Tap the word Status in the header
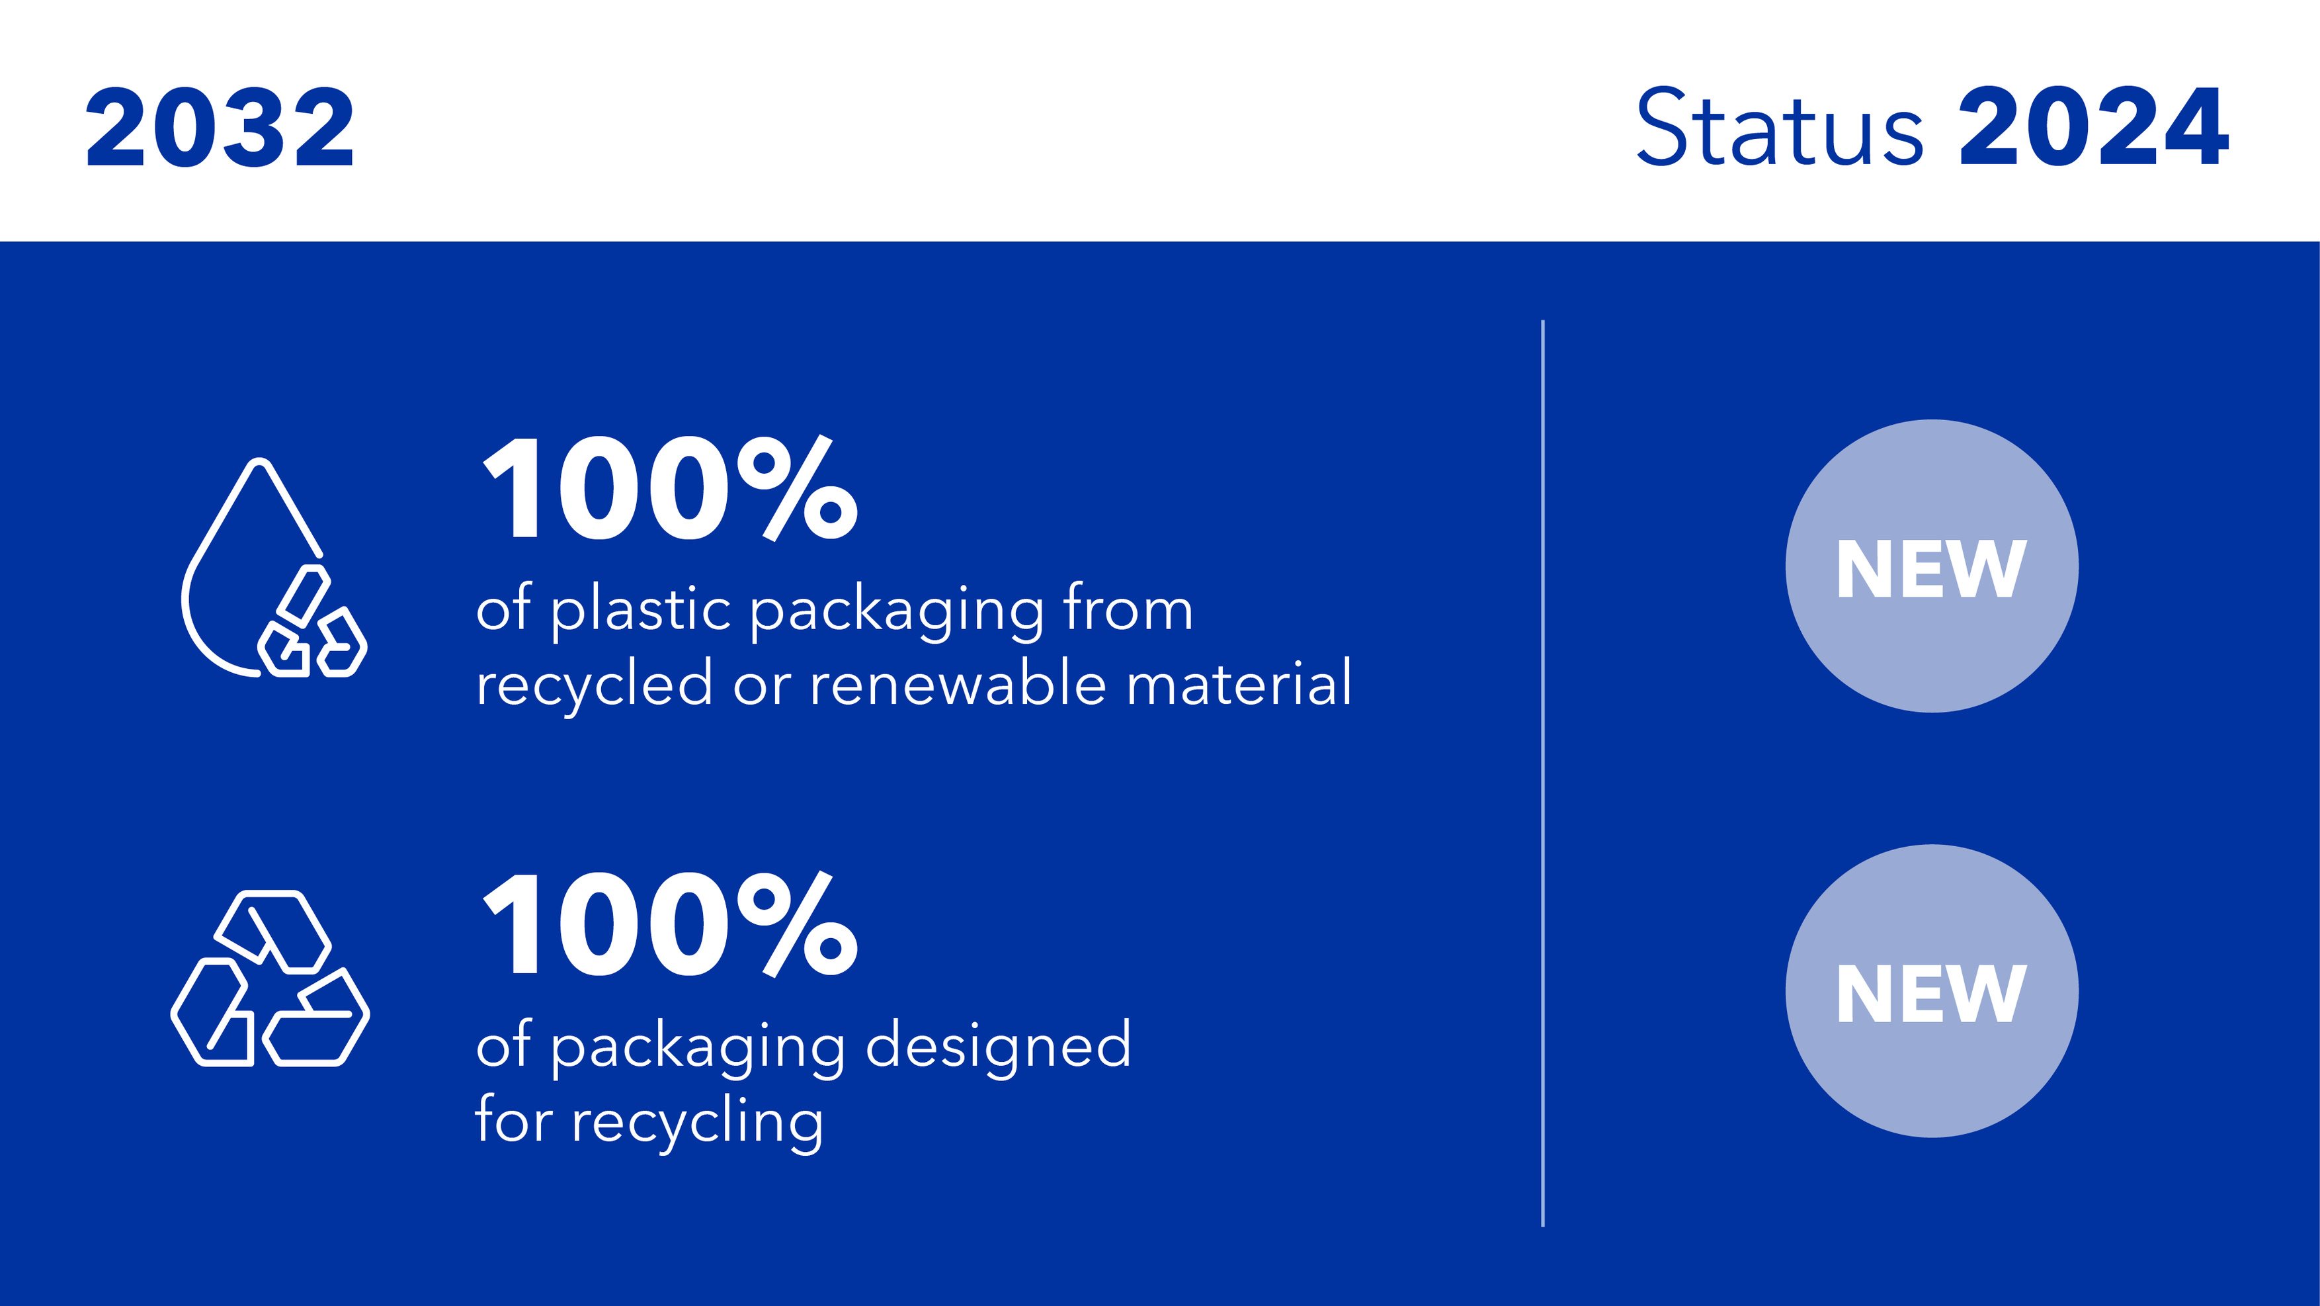1780,127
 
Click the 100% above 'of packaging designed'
670,925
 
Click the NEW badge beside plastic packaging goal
1932,566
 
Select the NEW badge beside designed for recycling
1932,991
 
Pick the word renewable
958,683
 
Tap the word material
1239,683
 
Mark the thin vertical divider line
1543,773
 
